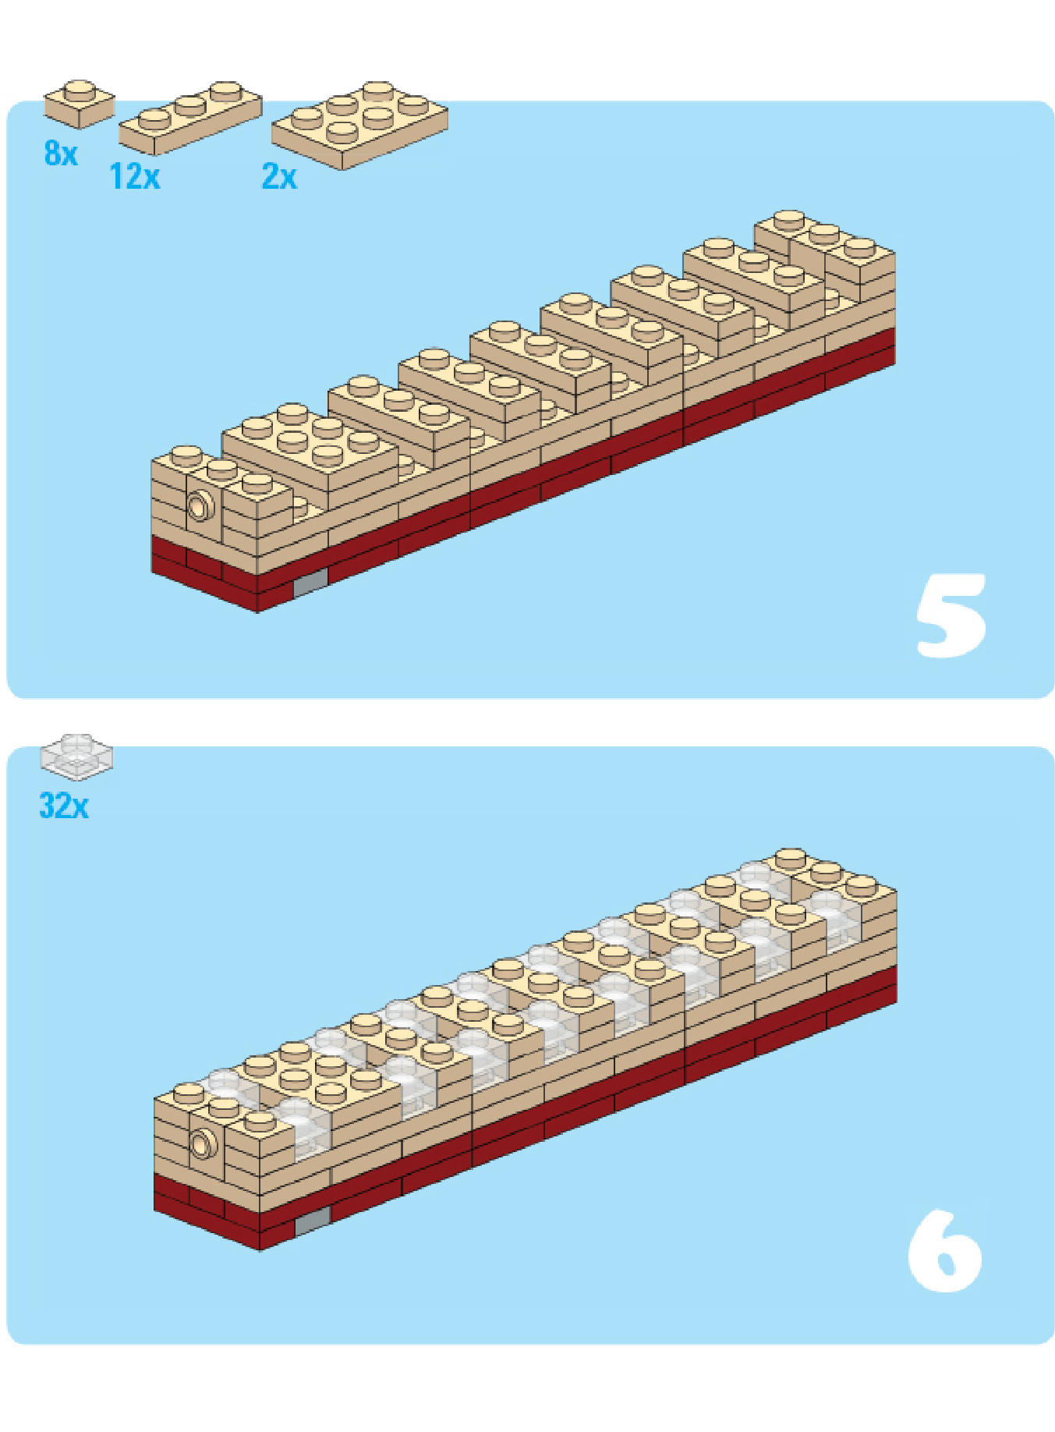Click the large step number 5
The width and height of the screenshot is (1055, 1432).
point(951,616)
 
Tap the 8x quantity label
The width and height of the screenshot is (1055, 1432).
point(61,153)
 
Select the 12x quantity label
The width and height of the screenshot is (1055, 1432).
point(135,176)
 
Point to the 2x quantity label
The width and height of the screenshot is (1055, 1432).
point(279,176)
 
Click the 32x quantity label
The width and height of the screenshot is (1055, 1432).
point(64,806)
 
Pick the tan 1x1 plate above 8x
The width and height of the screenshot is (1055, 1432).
point(79,104)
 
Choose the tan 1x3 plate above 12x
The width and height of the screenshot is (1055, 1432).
point(189,117)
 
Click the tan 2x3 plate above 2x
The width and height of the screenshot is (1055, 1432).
point(359,125)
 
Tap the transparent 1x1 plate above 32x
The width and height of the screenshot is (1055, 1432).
point(76,756)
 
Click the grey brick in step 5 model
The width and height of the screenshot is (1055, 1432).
point(310,583)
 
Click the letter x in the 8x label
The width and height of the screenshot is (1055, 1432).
point(69,156)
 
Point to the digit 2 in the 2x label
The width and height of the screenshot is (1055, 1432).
point(271,176)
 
